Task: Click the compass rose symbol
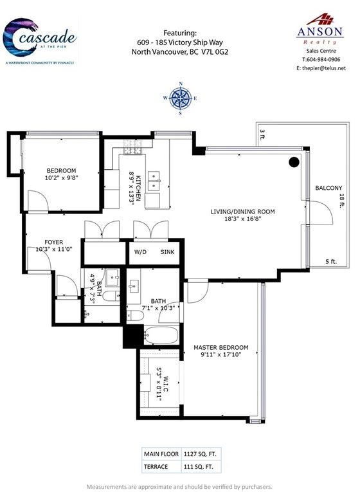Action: [x=180, y=98]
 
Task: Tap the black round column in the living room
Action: [x=294, y=162]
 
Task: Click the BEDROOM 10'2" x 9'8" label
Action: [x=61, y=174]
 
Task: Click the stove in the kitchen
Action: [x=132, y=147]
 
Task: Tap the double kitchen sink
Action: [x=154, y=181]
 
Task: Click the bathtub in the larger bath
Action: [x=161, y=336]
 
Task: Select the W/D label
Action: [x=140, y=252]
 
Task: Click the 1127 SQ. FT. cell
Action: [x=200, y=454]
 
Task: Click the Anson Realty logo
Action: [x=320, y=29]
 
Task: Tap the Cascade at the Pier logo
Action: [x=39, y=41]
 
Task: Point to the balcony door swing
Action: [x=321, y=212]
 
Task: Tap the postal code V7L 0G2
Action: [x=214, y=52]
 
